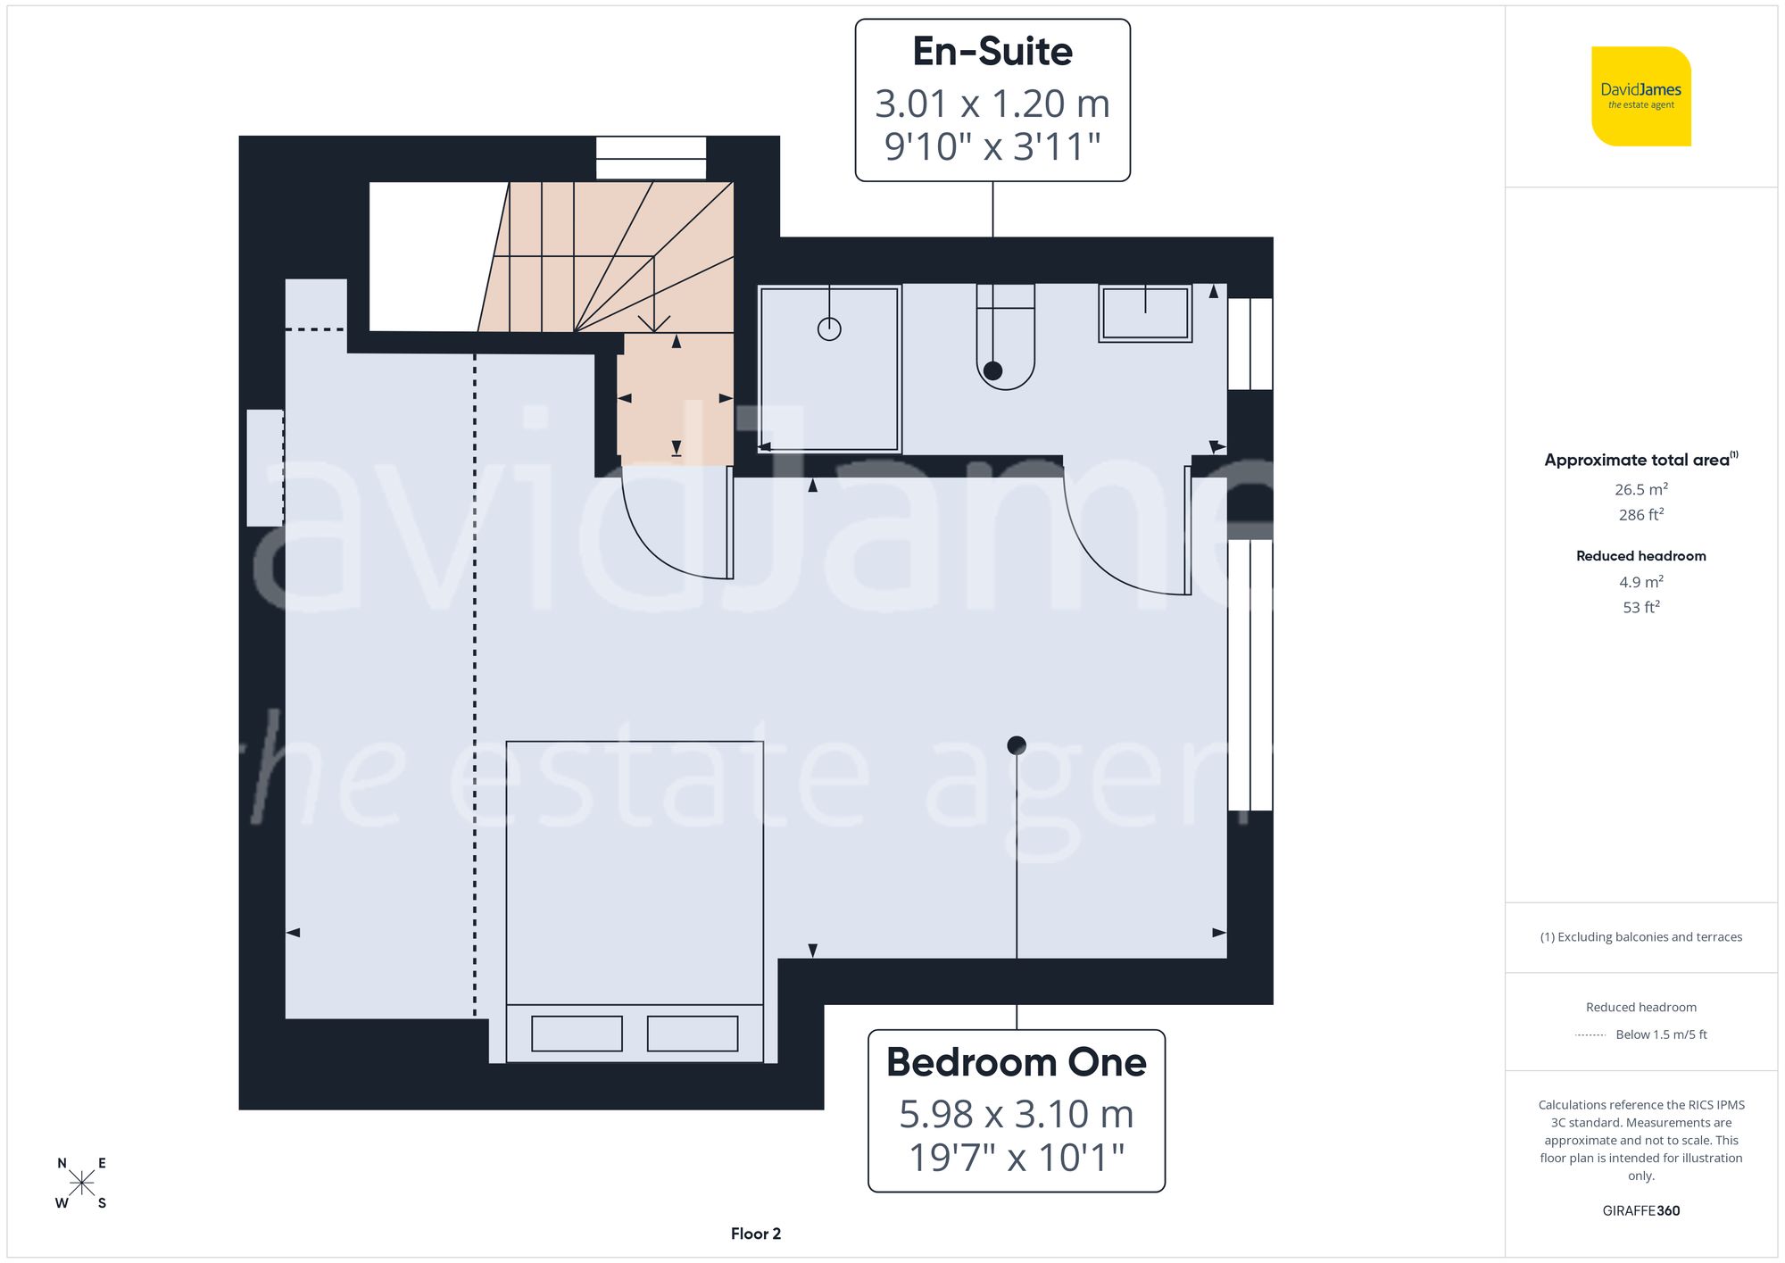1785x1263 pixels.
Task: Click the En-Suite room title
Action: tap(992, 52)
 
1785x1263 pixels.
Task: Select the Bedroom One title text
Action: tap(1016, 1062)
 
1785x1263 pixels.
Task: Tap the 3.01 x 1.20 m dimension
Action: tap(992, 104)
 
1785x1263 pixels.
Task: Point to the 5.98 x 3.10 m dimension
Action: tap(1016, 1114)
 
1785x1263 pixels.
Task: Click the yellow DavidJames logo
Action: tap(1640, 96)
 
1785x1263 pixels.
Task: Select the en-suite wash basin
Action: tap(1145, 313)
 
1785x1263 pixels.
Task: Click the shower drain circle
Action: tap(829, 329)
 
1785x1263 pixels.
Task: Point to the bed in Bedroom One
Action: tap(635, 893)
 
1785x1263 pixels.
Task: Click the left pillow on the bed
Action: tap(577, 1034)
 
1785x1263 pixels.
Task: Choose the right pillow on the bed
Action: tap(693, 1034)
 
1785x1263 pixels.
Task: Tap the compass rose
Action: tap(81, 1184)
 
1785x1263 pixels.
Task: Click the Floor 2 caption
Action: tap(755, 1234)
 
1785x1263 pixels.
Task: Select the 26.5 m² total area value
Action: tap(1640, 489)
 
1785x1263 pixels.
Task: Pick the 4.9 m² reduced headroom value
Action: tap(1640, 582)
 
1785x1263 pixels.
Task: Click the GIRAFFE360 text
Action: tap(1640, 1210)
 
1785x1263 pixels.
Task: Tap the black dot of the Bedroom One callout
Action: tap(1017, 744)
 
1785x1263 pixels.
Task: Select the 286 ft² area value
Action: tap(1640, 515)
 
